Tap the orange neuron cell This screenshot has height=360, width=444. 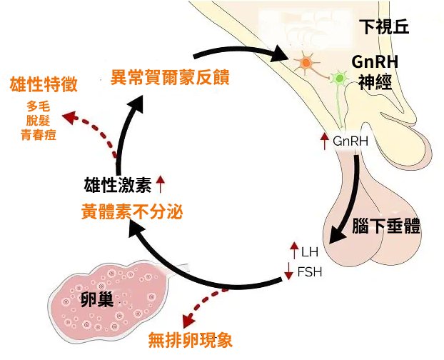tap(306, 64)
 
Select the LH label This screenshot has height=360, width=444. tap(309, 251)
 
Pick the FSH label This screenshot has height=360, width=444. tap(309, 271)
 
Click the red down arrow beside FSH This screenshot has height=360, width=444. tap(289, 271)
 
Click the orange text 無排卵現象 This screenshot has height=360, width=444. tap(191, 340)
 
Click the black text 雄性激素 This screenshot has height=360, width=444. tap(116, 186)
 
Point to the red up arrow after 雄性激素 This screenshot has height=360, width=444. tap(160, 186)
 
